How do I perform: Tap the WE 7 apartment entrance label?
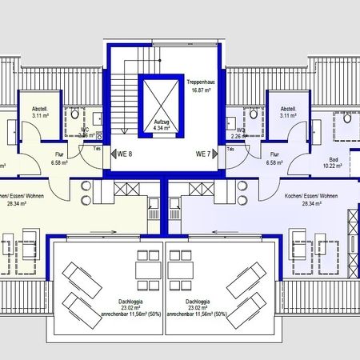204,154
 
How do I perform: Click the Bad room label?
329,159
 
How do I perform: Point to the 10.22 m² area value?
329,166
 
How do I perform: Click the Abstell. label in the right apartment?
288,109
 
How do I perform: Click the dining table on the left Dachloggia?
146,269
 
